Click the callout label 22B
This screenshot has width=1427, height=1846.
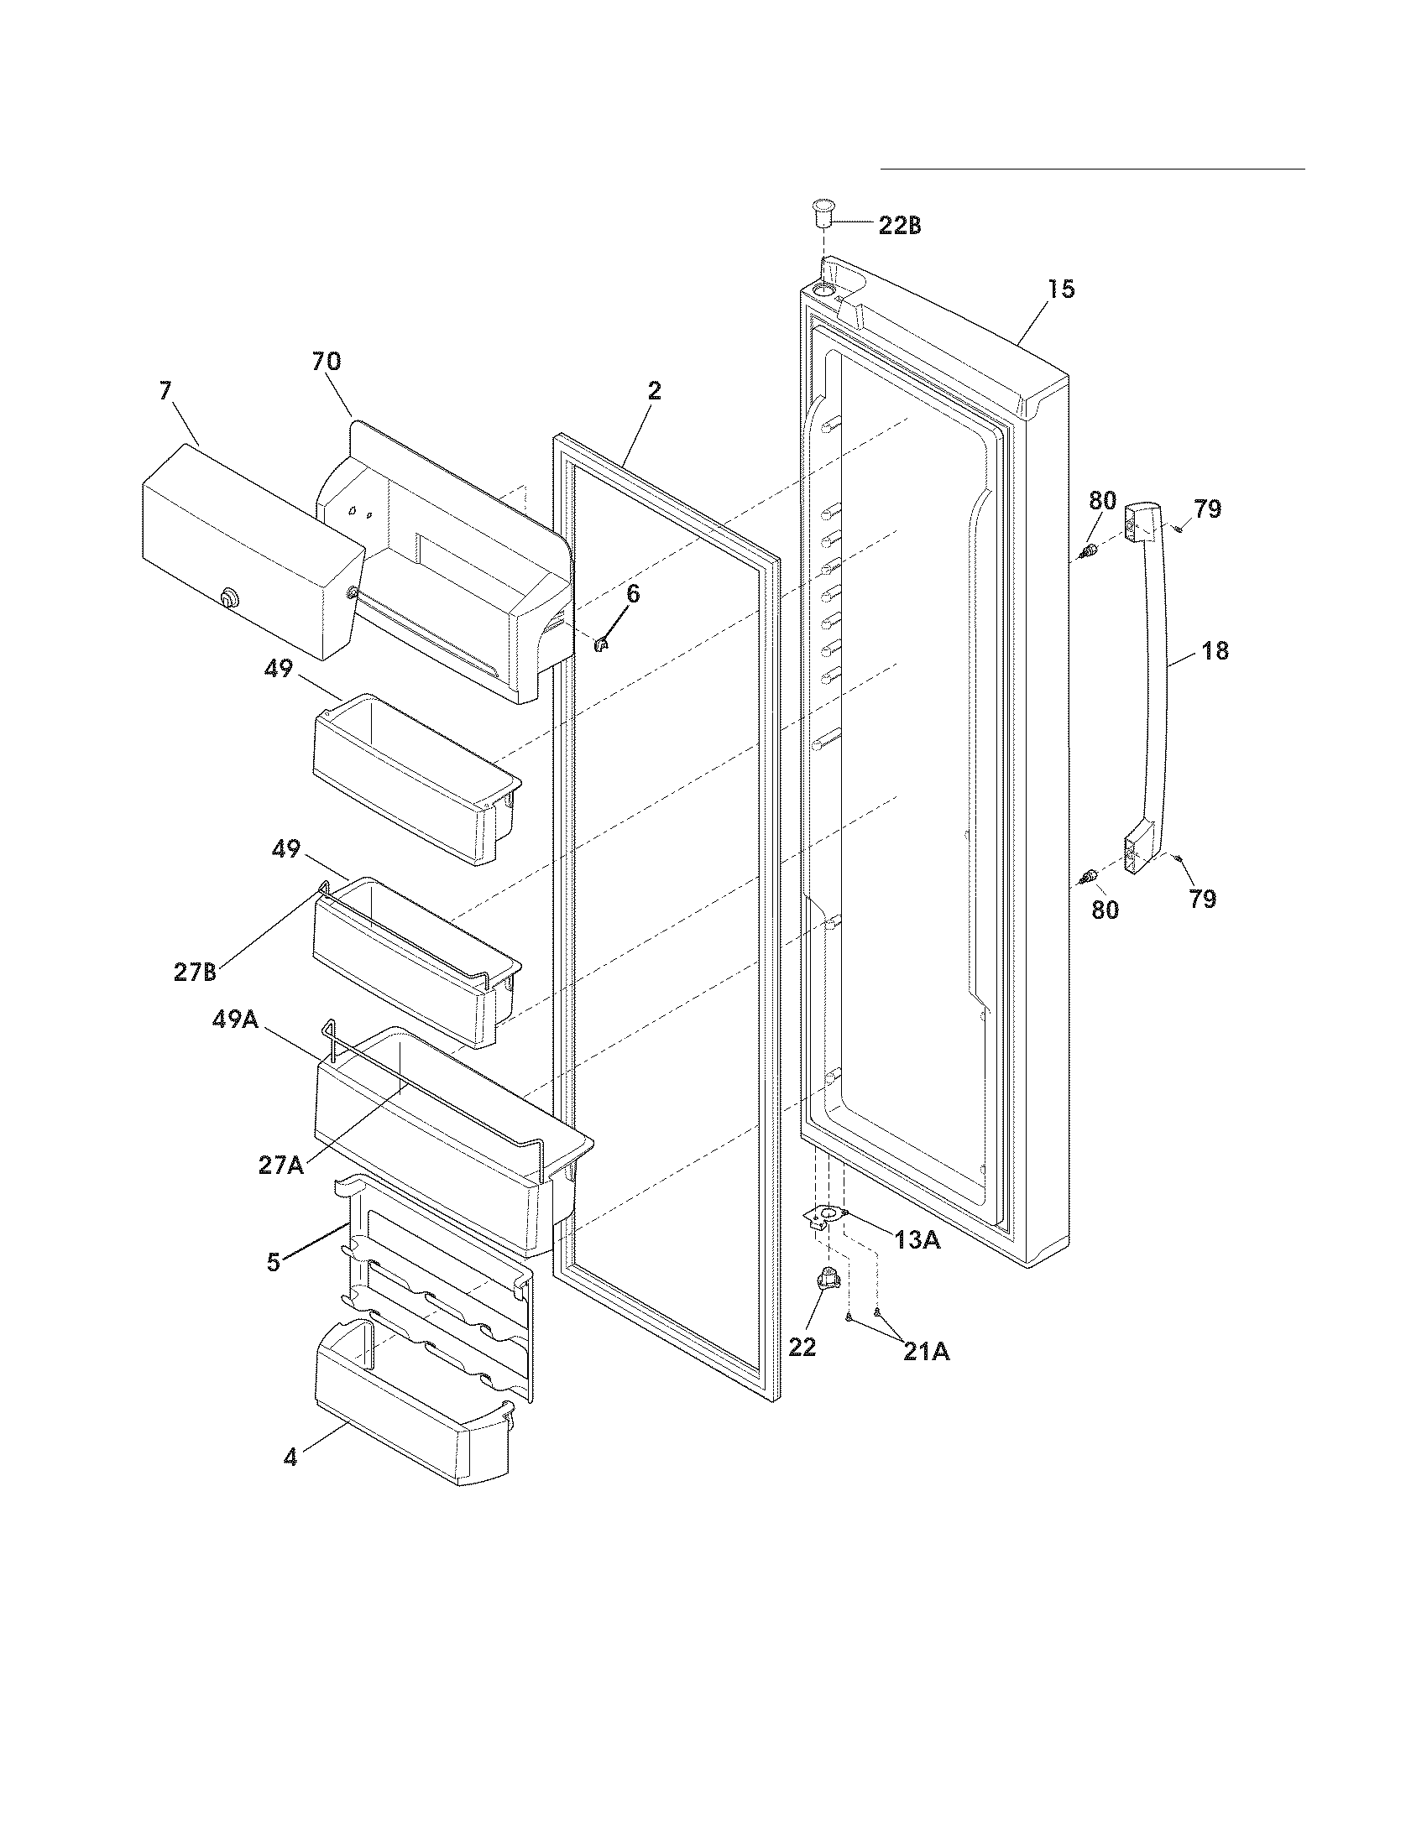point(900,226)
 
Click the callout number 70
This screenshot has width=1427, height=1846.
point(327,362)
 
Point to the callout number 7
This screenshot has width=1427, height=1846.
point(165,390)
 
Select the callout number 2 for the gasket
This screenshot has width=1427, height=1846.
point(655,390)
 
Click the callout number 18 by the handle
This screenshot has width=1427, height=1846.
point(1215,651)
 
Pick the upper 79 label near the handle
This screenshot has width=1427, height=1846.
point(1208,508)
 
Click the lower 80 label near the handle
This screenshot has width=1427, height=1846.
point(1105,910)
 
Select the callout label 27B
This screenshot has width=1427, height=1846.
point(196,972)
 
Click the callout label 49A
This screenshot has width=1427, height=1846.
point(235,1020)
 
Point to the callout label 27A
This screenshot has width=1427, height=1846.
point(281,1165)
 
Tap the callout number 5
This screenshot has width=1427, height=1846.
point(273,1262)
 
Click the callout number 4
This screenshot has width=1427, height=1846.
point(290,1458)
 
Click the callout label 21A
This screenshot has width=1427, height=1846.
point(926,1353)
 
